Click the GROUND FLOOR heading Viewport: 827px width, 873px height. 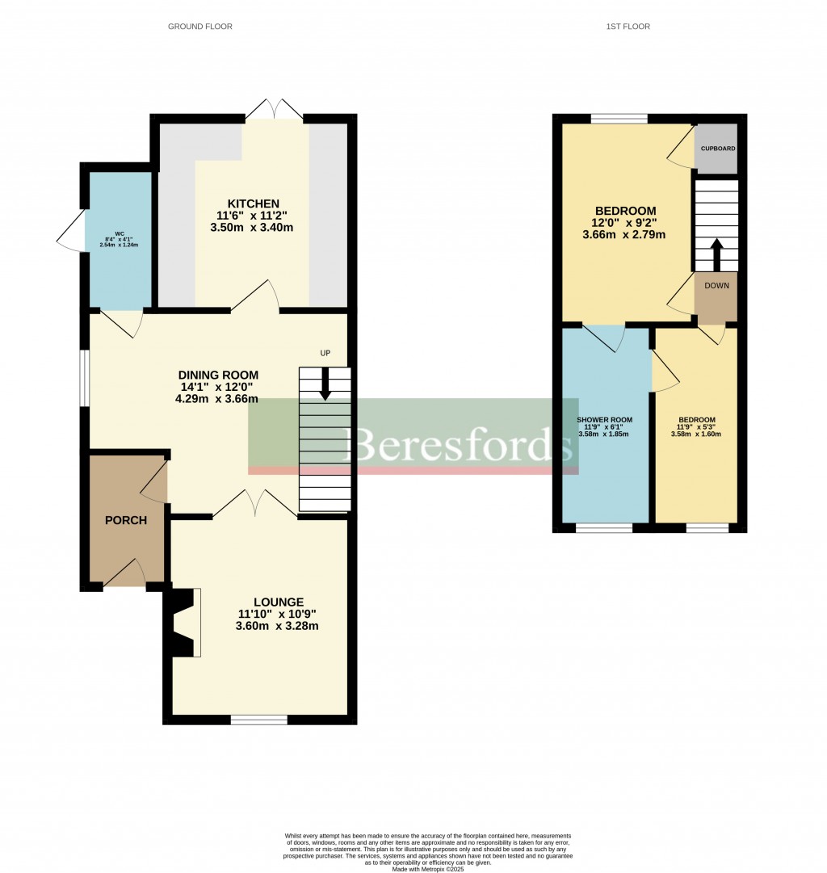[x=199, y=27]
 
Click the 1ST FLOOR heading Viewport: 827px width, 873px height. [x=628, y=27]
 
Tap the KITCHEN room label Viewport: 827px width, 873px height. [x=253, y=204]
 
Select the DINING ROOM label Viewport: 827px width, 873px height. [x=218, y=375]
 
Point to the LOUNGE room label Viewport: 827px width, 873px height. [x=278, y=602]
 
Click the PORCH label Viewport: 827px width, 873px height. [x=126, y=520]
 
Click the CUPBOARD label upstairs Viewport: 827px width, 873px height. [x=717, y=149]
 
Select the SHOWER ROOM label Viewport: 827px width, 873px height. [x=604, y=420]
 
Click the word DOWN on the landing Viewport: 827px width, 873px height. [x=716, y=285]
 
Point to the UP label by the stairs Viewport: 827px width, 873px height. [x=325, y=353]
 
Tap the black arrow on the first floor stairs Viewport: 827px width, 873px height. [x=716, y=254]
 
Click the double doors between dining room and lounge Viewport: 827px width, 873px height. [x=254, y=504]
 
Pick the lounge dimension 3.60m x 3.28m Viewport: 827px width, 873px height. [x=276, y=626]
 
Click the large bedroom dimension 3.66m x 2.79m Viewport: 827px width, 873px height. [x=623, y=235]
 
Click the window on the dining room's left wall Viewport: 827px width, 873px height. [x=83, y=378]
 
